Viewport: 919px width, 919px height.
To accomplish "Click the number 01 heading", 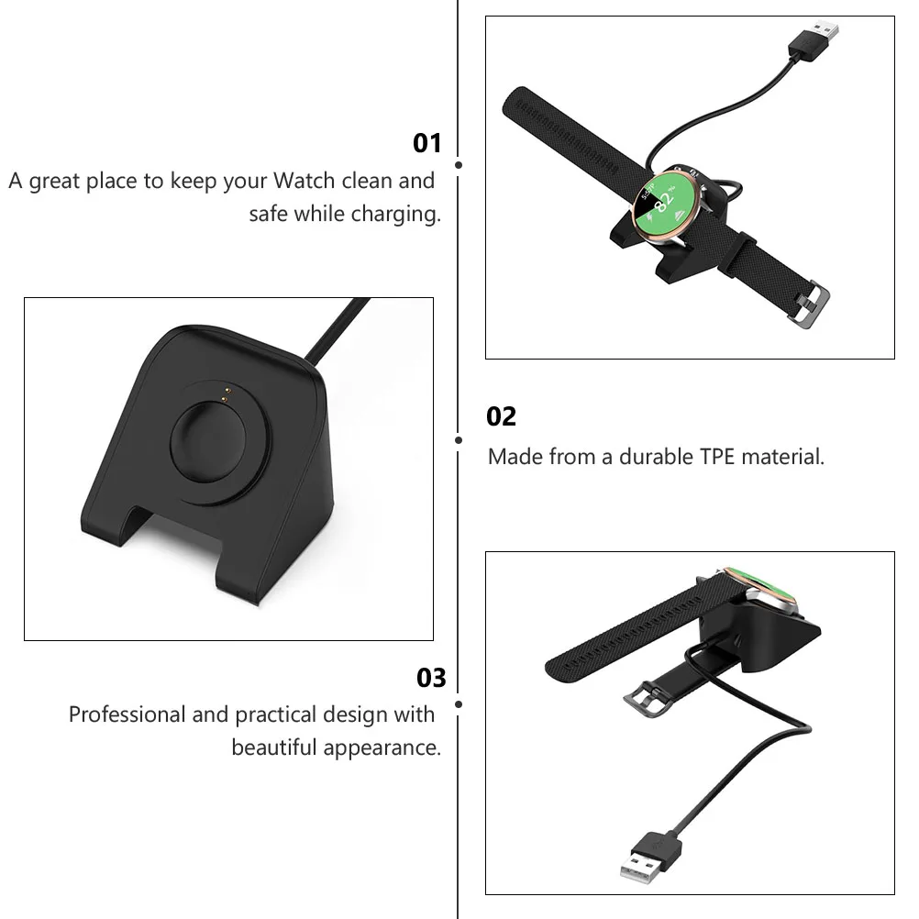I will tap(427, 143).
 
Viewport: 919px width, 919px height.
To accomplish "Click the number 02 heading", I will tap(501, 417).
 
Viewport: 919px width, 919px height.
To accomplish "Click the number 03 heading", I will tap(431, 678).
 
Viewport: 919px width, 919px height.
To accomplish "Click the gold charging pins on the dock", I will tap(223, 393).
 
